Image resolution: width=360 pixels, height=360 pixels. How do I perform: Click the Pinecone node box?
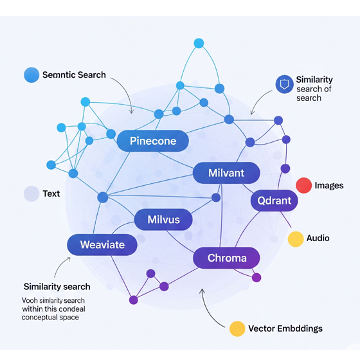(153, 141)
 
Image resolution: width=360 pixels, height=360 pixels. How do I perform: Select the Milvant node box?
(226, 173)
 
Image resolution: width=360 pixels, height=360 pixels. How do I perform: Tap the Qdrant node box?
(274, 201)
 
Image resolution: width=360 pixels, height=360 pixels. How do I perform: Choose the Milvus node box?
(163, 219)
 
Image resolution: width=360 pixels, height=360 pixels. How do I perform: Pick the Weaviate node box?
(102, 245)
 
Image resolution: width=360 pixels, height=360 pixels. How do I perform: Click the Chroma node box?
(226, 258)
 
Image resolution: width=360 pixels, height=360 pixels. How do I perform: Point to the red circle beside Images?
(303, 185)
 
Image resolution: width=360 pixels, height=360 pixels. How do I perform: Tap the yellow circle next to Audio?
(296, 239)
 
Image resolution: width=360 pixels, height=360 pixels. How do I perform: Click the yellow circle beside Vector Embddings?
(237, 328)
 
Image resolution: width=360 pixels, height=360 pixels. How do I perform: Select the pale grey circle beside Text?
(32, 194)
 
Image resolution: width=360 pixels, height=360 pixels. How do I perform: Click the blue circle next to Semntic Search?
(32, 75)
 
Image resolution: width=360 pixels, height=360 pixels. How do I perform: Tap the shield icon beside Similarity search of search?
(284, 84)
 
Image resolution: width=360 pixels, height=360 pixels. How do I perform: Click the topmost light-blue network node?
(199, 43)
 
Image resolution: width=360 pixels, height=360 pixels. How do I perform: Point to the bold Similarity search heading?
(57, 287)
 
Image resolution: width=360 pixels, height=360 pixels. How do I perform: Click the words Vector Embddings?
(285, 328)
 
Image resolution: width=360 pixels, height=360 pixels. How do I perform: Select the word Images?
(329, 186)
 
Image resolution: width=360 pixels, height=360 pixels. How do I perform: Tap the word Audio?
(318, 238)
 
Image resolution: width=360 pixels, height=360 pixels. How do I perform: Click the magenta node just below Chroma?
(256, 278)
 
